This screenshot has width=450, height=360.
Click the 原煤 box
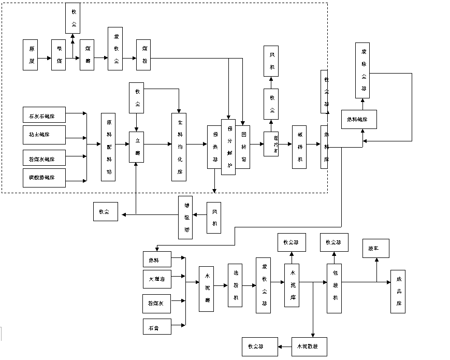pyautogui.click(x=31, y=54)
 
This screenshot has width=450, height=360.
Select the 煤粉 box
pyautogui.click(x=143, y=54)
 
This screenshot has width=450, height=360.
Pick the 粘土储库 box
pyautogui.click(x=44, y=135)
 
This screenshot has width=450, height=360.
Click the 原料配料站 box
pyautogui.click(x=108, y=147)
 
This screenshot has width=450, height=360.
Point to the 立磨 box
pyautogui.click(x=137, y=147)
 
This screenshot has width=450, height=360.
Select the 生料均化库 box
pyautogui.click(x=179, y=147)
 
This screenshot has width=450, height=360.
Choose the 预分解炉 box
pyautogui.click(x=228, y=147)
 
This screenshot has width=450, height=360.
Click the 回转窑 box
pyautogui.click(x=243, y=147)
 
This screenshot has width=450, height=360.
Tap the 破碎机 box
pyautogui.click(x=299, y=147)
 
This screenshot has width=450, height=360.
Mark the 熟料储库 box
pyautogui.click(x=358, y=120)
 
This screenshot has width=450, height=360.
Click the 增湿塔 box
pyautogui.click(x=185, y=218)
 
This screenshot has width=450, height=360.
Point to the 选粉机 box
pyautogui.click(x=235, y=285)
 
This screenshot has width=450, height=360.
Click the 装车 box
pyautogui.click(x=376, y=249)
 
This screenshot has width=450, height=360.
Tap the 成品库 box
pyautogui.click(x=398, y=291)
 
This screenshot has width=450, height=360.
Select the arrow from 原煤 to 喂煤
pyautogui.click(x=45, y=59)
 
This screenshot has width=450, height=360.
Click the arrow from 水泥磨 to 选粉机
pyautogui.click(x=221, y=282)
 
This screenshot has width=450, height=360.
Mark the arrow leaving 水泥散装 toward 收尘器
pyautogui.click(x=284, y=346)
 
